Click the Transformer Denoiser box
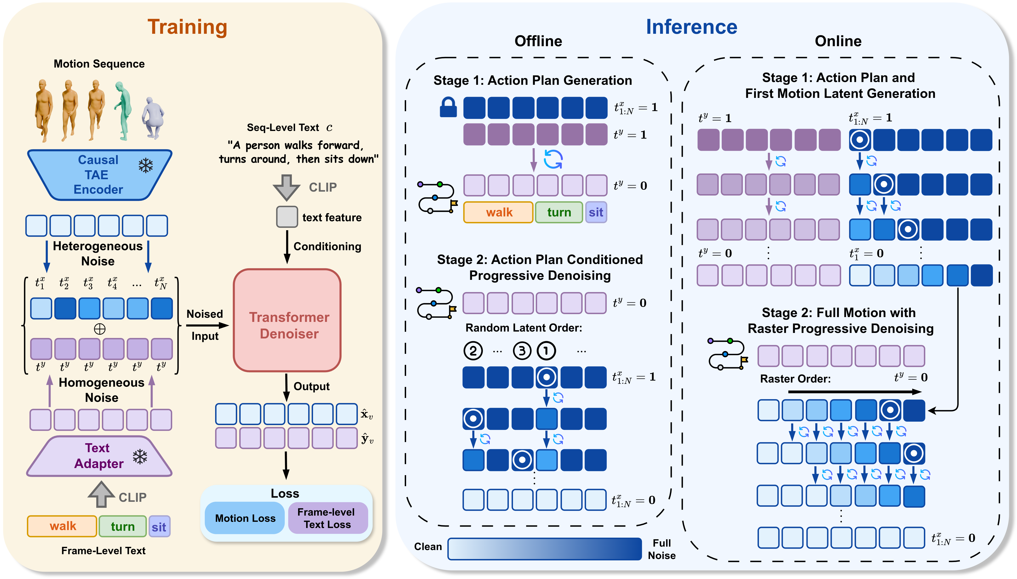[x=287, y=321]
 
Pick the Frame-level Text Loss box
[x=327, y=518]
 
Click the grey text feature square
[x=287, y=217]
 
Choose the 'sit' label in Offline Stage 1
[x=595, y=212]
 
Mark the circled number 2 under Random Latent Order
[x=473, y=351]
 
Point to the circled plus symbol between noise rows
[x=100, y=329]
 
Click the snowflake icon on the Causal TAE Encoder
[x=145, y=165]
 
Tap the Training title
[x=187, y=27]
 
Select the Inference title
[x=691, y=27]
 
